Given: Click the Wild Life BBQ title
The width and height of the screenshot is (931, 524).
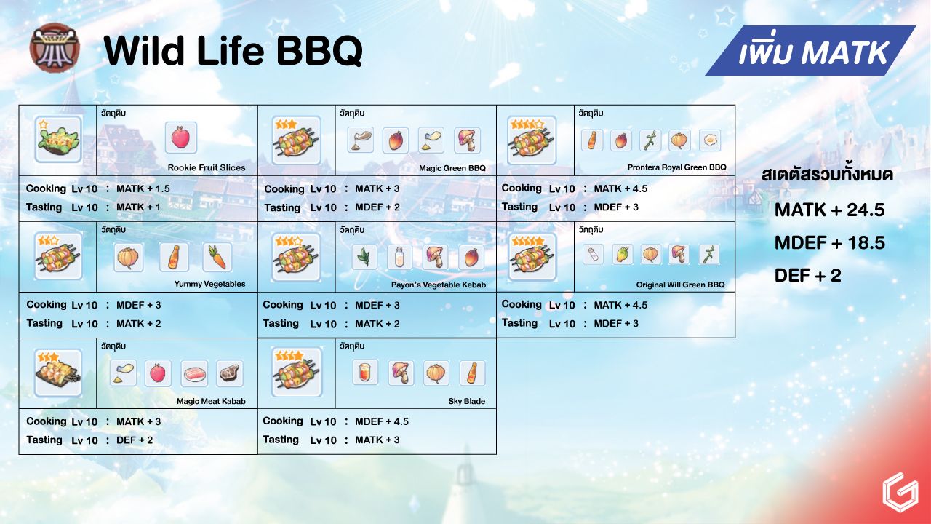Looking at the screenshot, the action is click(233, 51).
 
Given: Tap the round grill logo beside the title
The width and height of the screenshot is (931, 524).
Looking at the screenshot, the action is click(55, 48).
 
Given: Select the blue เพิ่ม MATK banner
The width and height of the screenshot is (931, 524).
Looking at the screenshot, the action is click(810, 51).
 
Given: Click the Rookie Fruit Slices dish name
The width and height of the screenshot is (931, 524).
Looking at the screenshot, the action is click(207, 167).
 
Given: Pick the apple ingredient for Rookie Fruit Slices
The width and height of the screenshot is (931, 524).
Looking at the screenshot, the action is click(181, 138).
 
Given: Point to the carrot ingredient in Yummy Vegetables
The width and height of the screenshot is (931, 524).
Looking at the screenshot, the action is click(217, 257).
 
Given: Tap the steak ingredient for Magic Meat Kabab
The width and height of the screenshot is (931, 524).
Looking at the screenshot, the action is click(230, 373).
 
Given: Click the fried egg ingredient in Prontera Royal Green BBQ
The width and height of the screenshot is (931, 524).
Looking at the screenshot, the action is click(709, 140).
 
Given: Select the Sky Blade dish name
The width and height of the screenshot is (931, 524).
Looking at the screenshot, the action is click(467, 401).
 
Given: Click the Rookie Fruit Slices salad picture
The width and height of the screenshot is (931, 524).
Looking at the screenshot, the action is click(58, 139).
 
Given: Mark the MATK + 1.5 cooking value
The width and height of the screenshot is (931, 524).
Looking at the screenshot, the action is click(143, 188).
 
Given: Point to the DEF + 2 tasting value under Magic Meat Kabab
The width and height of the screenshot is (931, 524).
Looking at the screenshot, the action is click(135, 440).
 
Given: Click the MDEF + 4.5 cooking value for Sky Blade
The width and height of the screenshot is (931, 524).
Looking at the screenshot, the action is click(382, 421).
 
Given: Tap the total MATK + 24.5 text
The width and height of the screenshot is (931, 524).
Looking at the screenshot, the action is click(830, 210).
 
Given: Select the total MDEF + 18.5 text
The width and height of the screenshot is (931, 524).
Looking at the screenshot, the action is click(830, 242).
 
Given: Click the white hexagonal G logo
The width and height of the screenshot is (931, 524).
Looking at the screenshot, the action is click(900, 493).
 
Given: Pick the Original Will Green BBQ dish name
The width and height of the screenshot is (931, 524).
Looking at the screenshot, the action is click(680, 285).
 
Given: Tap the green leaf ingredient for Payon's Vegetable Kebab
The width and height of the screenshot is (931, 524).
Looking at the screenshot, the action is click(364, 257).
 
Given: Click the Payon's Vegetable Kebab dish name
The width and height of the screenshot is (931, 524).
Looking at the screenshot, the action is click(439, 285).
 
